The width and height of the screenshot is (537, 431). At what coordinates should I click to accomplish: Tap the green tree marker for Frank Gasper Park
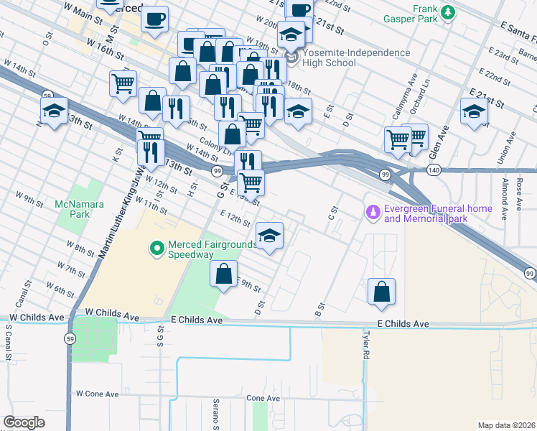pos(449,11)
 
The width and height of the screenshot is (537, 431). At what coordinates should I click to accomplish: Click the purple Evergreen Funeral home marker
pos(373,213)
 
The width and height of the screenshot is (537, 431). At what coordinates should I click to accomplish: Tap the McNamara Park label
pos(79,209)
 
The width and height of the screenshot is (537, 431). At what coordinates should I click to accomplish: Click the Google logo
pos(24,422)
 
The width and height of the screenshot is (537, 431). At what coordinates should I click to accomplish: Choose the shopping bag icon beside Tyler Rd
pos(382,291)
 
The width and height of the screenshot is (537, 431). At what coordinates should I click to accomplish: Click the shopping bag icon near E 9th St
pos(223,274)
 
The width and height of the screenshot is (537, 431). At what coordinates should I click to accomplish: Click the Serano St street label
pos(215,414)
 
